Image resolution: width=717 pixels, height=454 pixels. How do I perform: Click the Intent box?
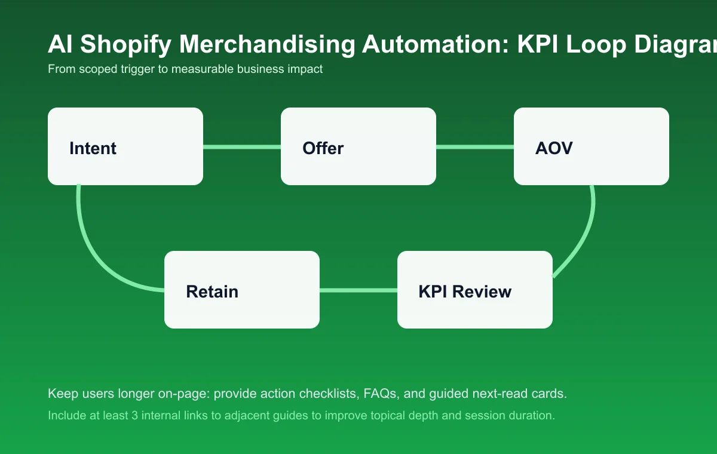tap(125, 146)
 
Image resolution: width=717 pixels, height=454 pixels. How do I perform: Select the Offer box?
tap(358, 146)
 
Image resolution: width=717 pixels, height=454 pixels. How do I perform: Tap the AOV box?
tap(592, 146)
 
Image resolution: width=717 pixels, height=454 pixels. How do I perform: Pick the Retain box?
tap(242, 290)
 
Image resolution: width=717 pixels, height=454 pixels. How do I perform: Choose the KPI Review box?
tap(475, 290)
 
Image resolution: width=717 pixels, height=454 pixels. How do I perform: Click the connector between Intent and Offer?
tap(242, 146)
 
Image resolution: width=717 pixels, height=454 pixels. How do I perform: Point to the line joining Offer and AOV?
tap(475, 146)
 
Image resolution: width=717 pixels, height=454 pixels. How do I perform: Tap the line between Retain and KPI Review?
tap(358, 290)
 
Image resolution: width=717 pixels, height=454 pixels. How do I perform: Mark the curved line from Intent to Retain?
tap(96, 251)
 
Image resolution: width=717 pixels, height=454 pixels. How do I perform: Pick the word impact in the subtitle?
tap(306, 69)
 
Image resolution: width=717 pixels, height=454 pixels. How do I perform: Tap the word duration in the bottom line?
tap(531, 415)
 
